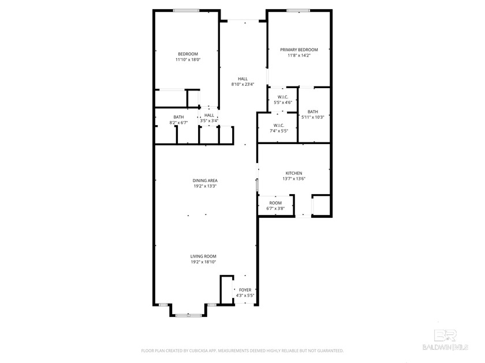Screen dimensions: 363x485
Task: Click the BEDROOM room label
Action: point(188,54)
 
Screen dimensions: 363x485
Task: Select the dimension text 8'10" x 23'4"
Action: point(242,85)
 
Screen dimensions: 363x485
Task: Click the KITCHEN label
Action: point(294,173)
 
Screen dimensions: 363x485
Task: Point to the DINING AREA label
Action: point(205,180)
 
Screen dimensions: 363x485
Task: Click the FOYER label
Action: point(245,290)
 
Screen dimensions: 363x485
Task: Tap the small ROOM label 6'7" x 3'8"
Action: point(275,203)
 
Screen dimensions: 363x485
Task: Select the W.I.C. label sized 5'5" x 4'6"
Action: point(283,97)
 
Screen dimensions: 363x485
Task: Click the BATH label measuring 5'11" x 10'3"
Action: point(313,112)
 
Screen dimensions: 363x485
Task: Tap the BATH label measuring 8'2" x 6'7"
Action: point(178,118)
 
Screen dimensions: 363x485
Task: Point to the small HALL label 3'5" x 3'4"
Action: point(209,115)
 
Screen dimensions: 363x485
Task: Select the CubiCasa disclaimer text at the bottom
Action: point(242,350)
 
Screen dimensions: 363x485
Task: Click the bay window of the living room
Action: point(189,315)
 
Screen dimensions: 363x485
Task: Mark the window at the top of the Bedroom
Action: point(186,10)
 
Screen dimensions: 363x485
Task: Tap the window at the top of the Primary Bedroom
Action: point(299,10)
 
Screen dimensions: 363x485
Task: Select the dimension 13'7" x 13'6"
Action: point(294,179)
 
